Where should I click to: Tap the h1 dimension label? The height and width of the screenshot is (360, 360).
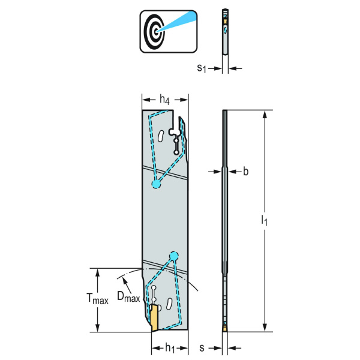tap(170, 348)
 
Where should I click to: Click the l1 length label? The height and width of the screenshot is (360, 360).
tap(264, 221)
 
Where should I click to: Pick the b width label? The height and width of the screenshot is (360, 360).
tap(245, 172)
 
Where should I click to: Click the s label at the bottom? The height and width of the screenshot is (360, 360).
tap(202, 348)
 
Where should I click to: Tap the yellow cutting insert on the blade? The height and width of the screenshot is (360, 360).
tap(154, 318)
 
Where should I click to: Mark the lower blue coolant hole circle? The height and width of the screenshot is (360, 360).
tap(174, 256)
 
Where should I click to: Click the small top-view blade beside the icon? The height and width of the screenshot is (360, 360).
tap(224, 33)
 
